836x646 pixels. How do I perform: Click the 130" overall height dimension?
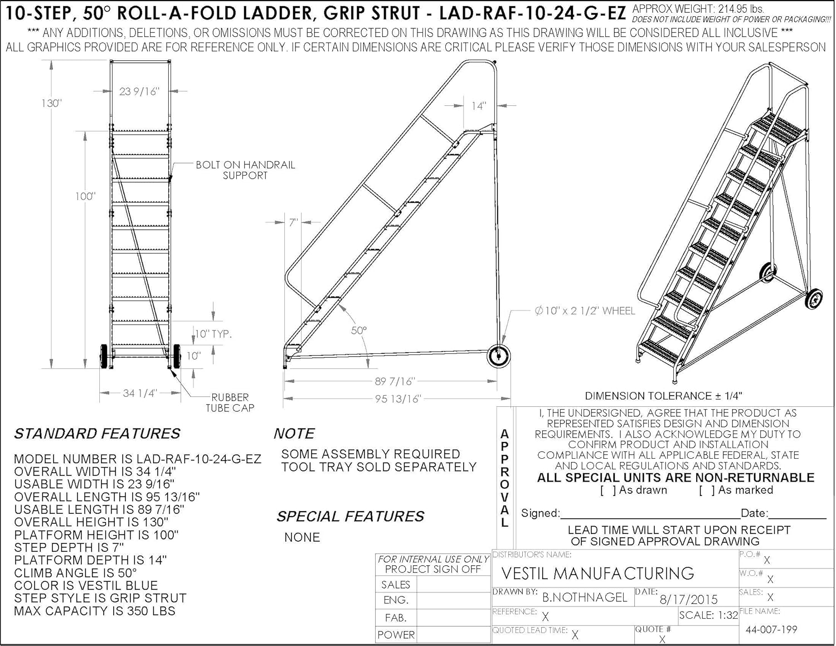51,103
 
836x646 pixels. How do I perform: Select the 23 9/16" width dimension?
139,91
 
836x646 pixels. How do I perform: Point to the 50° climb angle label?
359,331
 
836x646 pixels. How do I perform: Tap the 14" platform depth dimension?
479,106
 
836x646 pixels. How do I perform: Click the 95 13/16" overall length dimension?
397,399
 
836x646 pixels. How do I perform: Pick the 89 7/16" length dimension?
394,382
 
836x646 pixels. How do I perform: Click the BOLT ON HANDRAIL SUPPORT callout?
245,170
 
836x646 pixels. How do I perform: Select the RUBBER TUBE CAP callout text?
230,402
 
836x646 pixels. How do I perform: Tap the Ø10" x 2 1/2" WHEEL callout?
585,311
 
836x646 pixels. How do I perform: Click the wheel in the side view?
498,356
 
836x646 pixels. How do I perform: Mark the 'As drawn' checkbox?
608,490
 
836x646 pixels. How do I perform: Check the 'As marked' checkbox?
707,490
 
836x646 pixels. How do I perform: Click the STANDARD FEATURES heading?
97,434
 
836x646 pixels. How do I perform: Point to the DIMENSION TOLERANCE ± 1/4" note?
663,396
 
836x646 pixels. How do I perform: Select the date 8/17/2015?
689,600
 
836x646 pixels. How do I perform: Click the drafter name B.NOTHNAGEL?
585,598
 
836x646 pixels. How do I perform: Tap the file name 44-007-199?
771,630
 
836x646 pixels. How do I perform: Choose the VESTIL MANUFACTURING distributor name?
597,574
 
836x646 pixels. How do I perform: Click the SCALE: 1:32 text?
708,615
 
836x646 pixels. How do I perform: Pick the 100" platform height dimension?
85,196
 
